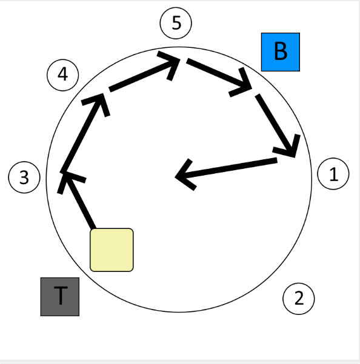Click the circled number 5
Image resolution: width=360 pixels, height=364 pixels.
pos(176,23)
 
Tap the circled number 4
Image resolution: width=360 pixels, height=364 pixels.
pos(62,75)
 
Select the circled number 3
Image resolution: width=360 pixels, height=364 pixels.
pos(24,177)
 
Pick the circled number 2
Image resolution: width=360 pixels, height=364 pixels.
pos(299,299)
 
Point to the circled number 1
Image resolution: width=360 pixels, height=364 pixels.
pos(333,174)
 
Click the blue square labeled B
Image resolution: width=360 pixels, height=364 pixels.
pos(281,52)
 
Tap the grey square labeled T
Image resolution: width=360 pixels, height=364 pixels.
pos(60,297)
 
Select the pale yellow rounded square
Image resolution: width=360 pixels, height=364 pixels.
pos(112,250)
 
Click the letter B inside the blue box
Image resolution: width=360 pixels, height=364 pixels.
pos(281,51)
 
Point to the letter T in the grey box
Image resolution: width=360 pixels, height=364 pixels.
pos(61,296)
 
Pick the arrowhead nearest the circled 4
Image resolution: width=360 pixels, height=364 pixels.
pos(97,104)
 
